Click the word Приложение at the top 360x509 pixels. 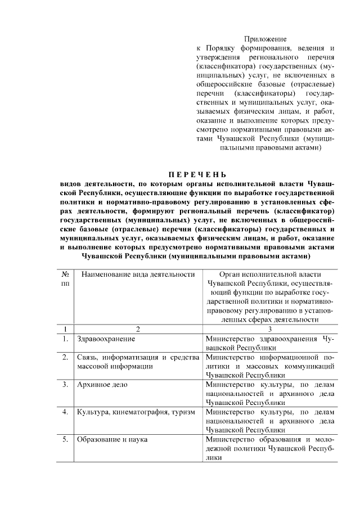(x=265, y=39)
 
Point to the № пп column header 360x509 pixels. (x=66, y=279)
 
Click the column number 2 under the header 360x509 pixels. (x=137, y=329)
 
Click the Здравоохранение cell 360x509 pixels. (x=106, y=339)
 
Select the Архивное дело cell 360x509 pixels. (x=102, y=385)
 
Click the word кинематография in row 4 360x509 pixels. (x=138, y=412)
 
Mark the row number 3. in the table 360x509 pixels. (x=66, y=385)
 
